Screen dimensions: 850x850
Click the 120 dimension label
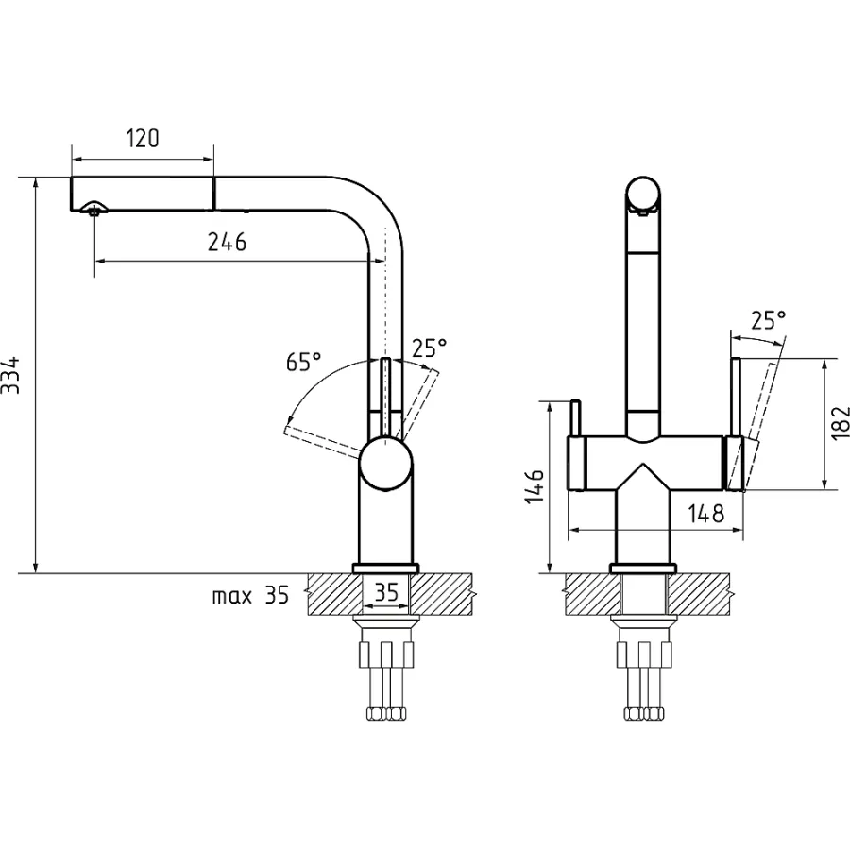click(x=144, y=139)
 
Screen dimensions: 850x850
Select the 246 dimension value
click(x=227, y=242)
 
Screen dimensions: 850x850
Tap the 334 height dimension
click(x=10, y=375)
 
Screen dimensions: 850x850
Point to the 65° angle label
click(x=303, y=361)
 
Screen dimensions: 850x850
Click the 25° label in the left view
click(x=430, y=348)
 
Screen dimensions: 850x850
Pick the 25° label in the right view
click(x=768, y=320)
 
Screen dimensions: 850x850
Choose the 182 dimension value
click(x=840, y=423)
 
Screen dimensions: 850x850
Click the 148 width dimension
click(x=705, y=514)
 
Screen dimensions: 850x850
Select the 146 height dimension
click(x=535, y=486)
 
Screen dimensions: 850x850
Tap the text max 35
click(x=250, y=596)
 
